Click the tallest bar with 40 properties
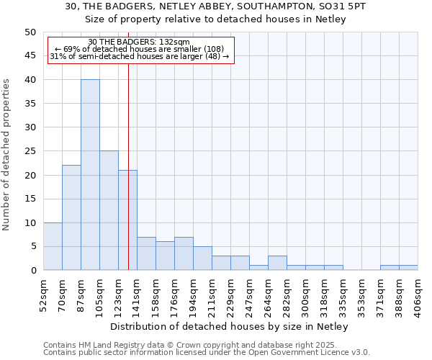click(90, 174)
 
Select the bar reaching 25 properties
click(109, 210)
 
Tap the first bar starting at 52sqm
click(53, 246)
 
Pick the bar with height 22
click(71, 217)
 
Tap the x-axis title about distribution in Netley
click(230, 327)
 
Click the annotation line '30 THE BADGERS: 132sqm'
click(140, 42)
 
